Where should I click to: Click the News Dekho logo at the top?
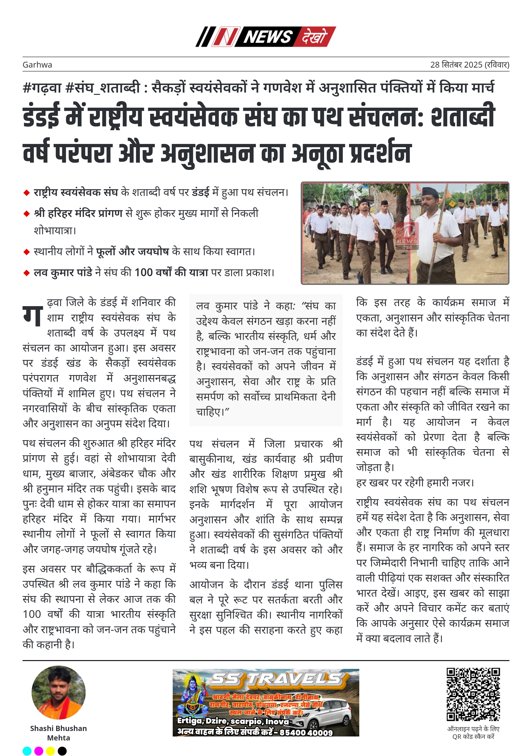pyautogui.click(x=266, y=36)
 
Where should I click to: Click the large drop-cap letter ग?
pyautogui.click(x=33, y=315)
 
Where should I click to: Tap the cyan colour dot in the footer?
pyautogui.click(x=27, y=751)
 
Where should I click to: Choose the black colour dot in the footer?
pyautogui.click(x=62, y=751)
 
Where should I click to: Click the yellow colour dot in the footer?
pyautogui.click(x=50, y=751)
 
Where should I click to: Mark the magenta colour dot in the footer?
pyautogui.click(x=39, y=751)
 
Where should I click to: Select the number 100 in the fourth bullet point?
pyautogui.click(x=144, y=273)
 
